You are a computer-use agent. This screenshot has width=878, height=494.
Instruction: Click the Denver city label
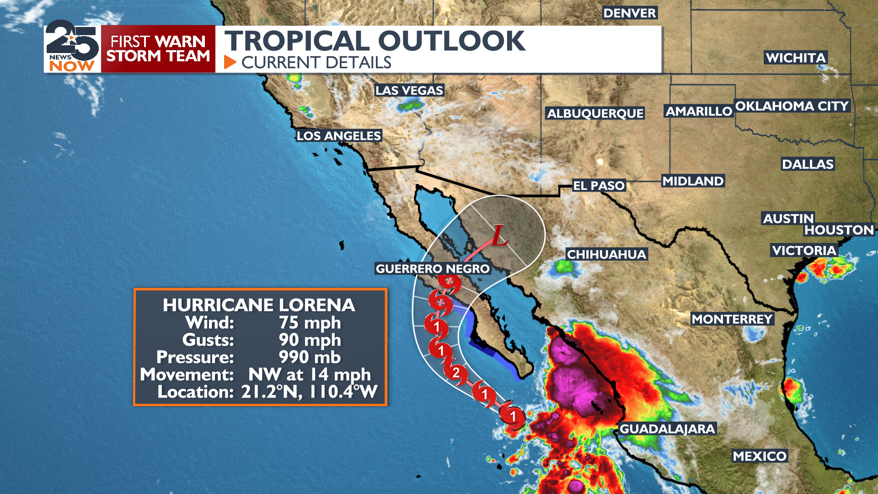[630, 13]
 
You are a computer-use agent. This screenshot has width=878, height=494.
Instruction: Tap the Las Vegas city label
[409, 91]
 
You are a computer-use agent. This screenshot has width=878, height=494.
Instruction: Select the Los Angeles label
[338, 136]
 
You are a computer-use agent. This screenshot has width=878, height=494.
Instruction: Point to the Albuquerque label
[595, 113]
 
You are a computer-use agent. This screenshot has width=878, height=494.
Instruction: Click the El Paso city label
[599, 186]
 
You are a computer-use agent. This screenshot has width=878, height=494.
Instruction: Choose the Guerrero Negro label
[433, 268]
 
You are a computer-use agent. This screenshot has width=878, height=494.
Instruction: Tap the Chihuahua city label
[606, 254]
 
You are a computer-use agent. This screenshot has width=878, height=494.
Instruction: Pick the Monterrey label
[732, 319]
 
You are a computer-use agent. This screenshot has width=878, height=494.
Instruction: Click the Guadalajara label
[667, 429]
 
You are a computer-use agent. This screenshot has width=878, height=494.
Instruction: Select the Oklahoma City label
[792, 106]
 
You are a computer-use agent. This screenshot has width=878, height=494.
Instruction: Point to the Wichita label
[796, 58]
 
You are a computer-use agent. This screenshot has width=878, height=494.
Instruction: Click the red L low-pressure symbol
[499, 236]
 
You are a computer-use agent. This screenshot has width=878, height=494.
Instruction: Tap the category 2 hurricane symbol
[455, 372]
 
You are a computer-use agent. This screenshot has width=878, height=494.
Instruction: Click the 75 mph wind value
[310, 323]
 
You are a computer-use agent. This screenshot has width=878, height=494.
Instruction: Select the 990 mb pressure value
[310, 357]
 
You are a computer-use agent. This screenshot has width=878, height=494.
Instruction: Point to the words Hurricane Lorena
[259, 305]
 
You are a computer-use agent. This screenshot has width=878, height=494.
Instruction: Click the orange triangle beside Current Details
[230, 62]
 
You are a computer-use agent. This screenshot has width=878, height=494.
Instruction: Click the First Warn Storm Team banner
[158, 48]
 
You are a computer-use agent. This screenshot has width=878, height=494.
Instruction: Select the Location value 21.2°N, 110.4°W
[309, 392]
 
